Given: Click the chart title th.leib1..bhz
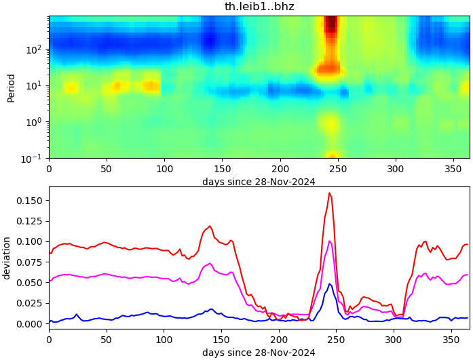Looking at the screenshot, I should point(259,7).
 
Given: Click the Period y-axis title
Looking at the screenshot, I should point(11,87).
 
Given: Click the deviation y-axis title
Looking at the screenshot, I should point(7,258).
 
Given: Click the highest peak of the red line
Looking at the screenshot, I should point(329,193).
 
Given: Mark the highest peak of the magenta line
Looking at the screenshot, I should point(329,241).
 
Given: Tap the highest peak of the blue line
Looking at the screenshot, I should point(330,284).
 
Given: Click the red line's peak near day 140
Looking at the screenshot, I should point(210,226).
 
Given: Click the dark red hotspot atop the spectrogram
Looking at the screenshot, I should point(330,24).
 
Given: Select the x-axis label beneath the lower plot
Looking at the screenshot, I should point(259,353).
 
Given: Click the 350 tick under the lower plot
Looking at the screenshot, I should point(451,337).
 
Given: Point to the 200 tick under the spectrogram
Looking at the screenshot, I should point(279,169).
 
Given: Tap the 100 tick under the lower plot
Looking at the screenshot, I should point(164,337).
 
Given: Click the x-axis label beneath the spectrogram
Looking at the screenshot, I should point(259,181).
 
